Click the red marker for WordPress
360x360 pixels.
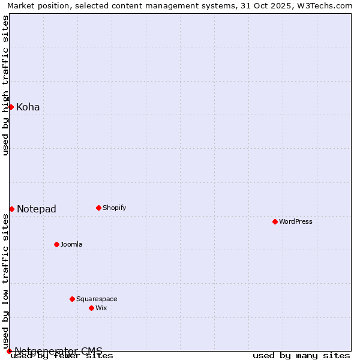275,221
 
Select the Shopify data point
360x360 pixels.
98,208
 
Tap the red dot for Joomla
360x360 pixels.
56,244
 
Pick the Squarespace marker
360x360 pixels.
72,299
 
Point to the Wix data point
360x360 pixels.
91,308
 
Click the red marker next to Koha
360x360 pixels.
11,107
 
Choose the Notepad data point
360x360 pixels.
11,209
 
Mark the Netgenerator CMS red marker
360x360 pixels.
9,351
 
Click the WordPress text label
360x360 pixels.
296,221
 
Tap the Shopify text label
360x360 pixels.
114,208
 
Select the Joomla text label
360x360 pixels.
71,244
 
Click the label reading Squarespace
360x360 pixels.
97,299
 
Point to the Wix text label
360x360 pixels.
101,308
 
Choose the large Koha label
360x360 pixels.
28,107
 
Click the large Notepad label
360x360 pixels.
37,209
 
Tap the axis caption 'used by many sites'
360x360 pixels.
301,355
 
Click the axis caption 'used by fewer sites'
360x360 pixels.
62,355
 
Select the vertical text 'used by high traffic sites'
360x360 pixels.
5,85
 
